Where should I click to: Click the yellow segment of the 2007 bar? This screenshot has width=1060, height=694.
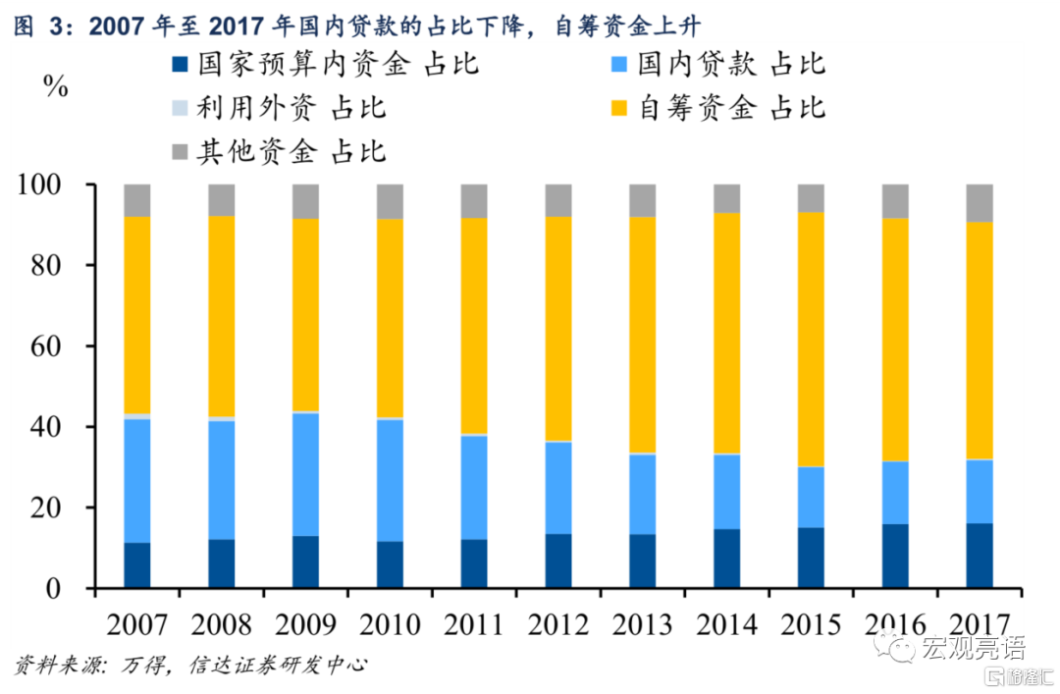point(137,314)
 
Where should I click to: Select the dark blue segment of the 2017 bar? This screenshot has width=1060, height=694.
point(980,556)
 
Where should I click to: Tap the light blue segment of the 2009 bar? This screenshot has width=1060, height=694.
point(305,473)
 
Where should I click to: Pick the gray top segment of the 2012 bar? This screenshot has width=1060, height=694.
point(558,200)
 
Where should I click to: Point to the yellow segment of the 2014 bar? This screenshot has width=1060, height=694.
point(727,334)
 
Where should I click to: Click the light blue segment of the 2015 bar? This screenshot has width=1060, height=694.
point(811,497)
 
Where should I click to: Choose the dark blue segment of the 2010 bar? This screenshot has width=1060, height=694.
point(390,564)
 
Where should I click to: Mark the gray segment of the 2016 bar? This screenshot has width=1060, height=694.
point(895,201)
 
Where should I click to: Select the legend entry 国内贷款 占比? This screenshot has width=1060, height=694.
point(717,65)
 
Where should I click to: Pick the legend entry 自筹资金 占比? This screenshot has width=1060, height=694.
point(717,107)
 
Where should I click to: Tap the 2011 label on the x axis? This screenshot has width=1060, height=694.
point(474,624)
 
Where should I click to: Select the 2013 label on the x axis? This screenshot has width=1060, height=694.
point(643,624)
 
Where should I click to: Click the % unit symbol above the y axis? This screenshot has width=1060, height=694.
point(56,86)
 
